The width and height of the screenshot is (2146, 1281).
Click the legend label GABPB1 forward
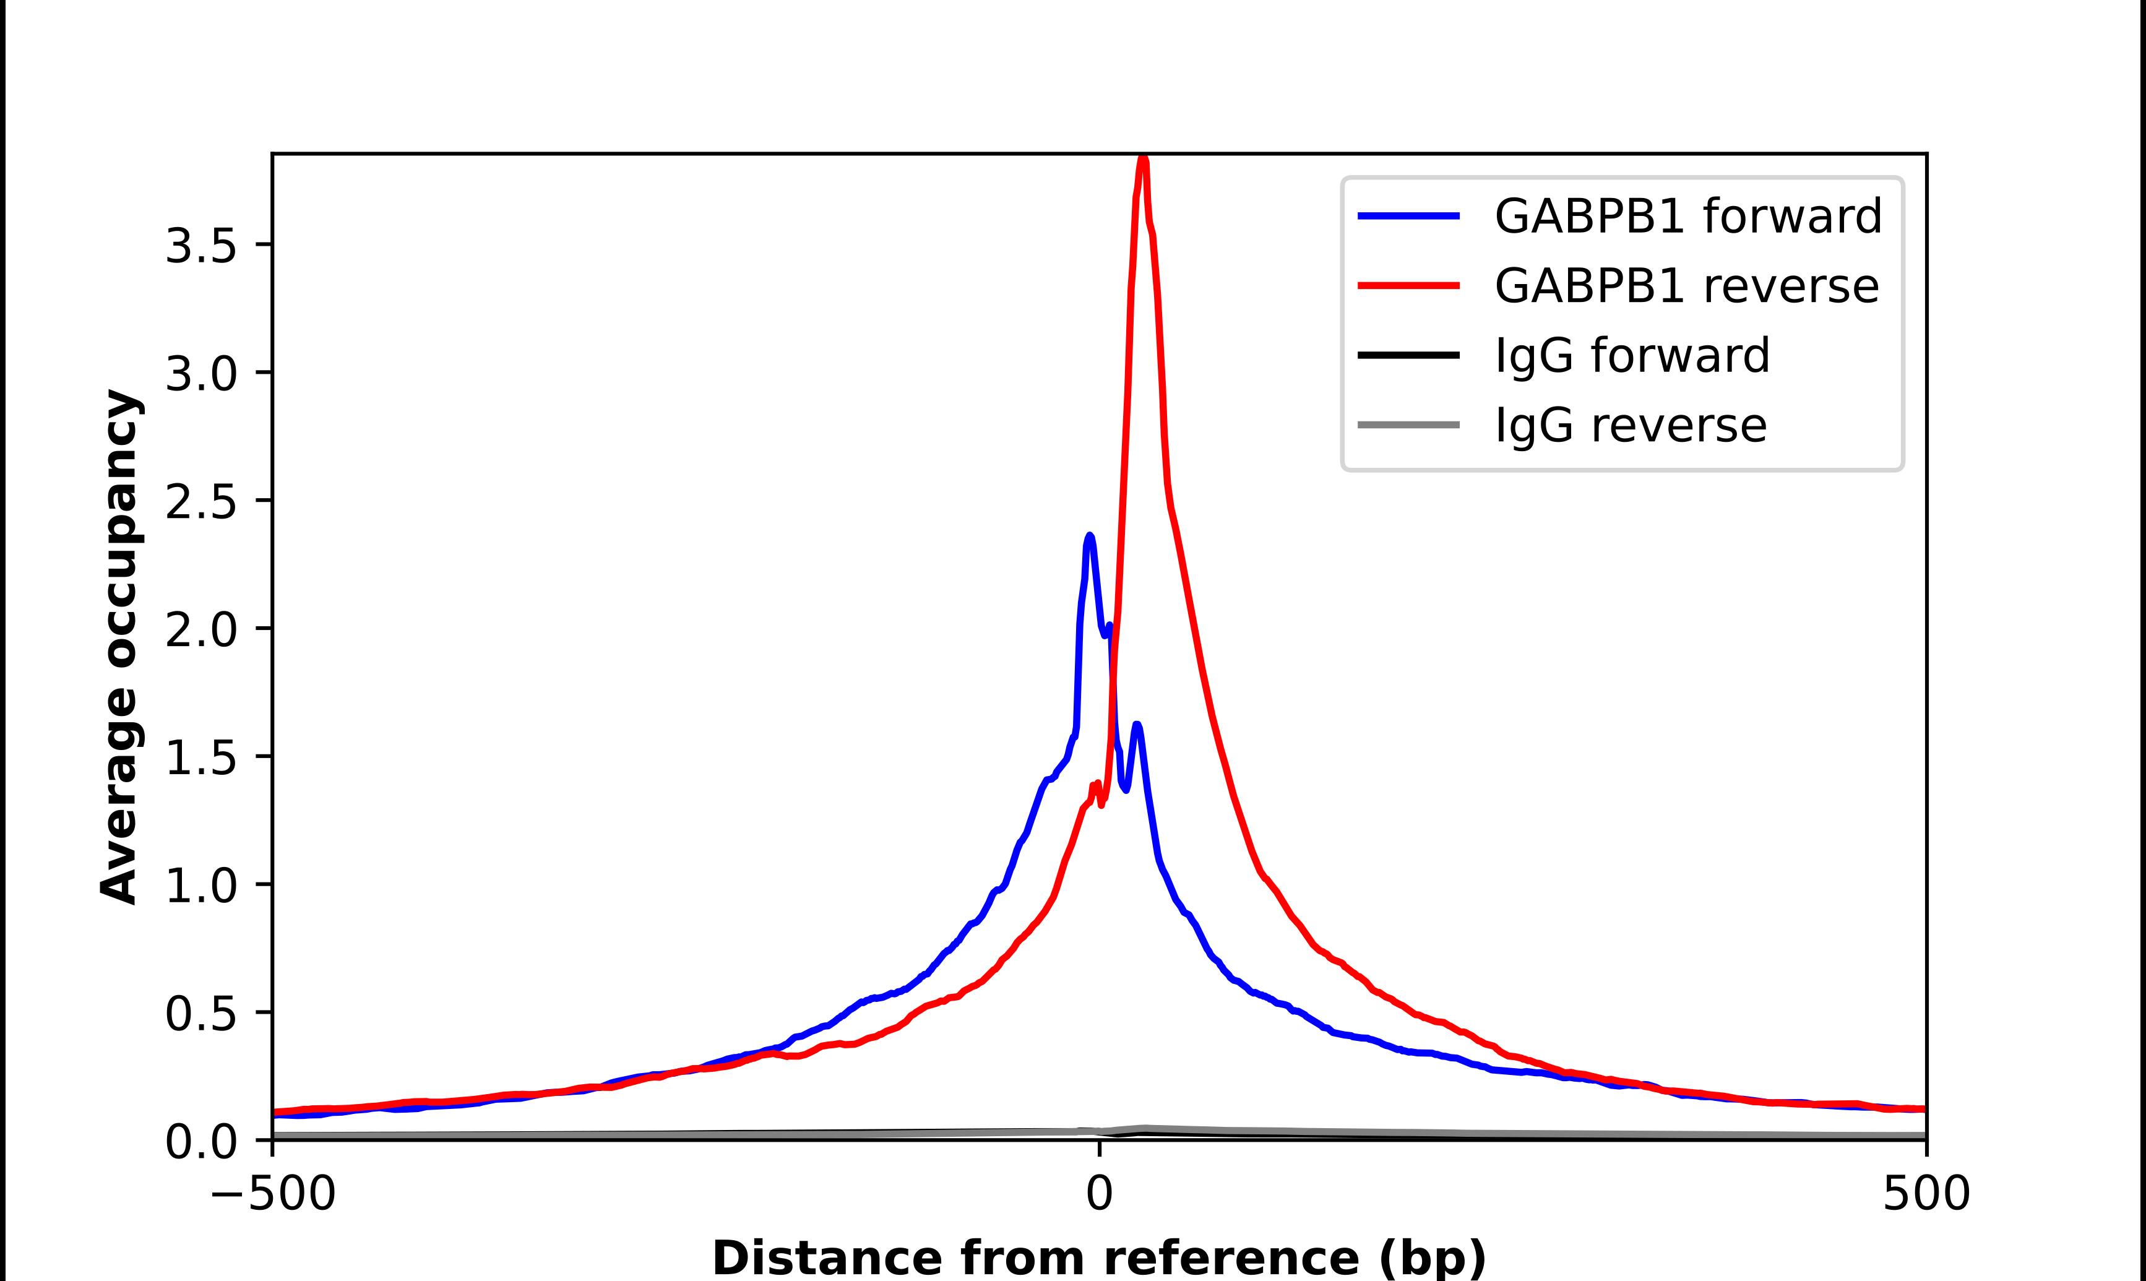(x=1687, y=216)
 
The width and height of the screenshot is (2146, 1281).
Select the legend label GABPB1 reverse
(x=1686, y=286)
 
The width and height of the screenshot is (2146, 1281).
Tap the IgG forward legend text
(x=1632, y=356)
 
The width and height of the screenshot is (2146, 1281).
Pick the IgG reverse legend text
(x=1630, y=426)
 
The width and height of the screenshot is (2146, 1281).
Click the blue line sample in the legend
(x=1408, y=216)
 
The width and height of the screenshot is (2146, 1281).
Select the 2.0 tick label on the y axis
(x=200, y=630)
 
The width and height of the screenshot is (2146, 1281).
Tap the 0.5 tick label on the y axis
(x=200, y=1014)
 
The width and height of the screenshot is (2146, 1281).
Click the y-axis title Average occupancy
(x=119, y=647)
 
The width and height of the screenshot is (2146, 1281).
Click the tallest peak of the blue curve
(x=1090, y=537)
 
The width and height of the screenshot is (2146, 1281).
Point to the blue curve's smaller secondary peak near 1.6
(x=1137, y=726)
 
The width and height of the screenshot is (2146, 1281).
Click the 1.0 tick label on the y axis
(x=200, y=887)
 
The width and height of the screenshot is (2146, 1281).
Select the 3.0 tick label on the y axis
(x=200, y=374)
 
